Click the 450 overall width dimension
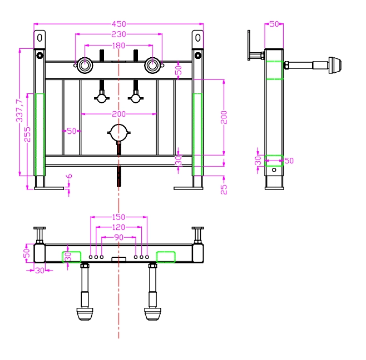(119, 24)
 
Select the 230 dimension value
(118, 34)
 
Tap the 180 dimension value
(118, 46)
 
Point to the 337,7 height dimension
(19, 111)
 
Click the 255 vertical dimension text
(27, 134)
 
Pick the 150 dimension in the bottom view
(118, 217)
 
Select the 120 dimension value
(118, 227)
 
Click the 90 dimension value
(119, 237)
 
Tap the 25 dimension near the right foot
(224, 189)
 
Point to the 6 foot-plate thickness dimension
(70, 176)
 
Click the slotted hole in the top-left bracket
(39, 38)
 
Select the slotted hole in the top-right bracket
(198, 38)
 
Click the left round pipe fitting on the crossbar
(85, 66)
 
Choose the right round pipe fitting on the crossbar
(152, 66)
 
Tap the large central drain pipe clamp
(119, 133)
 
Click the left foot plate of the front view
(49, 188)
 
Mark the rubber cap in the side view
(335, 66)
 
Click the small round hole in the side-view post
(274, 170)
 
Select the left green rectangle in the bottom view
(71, 257)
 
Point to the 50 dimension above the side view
(274, 24)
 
